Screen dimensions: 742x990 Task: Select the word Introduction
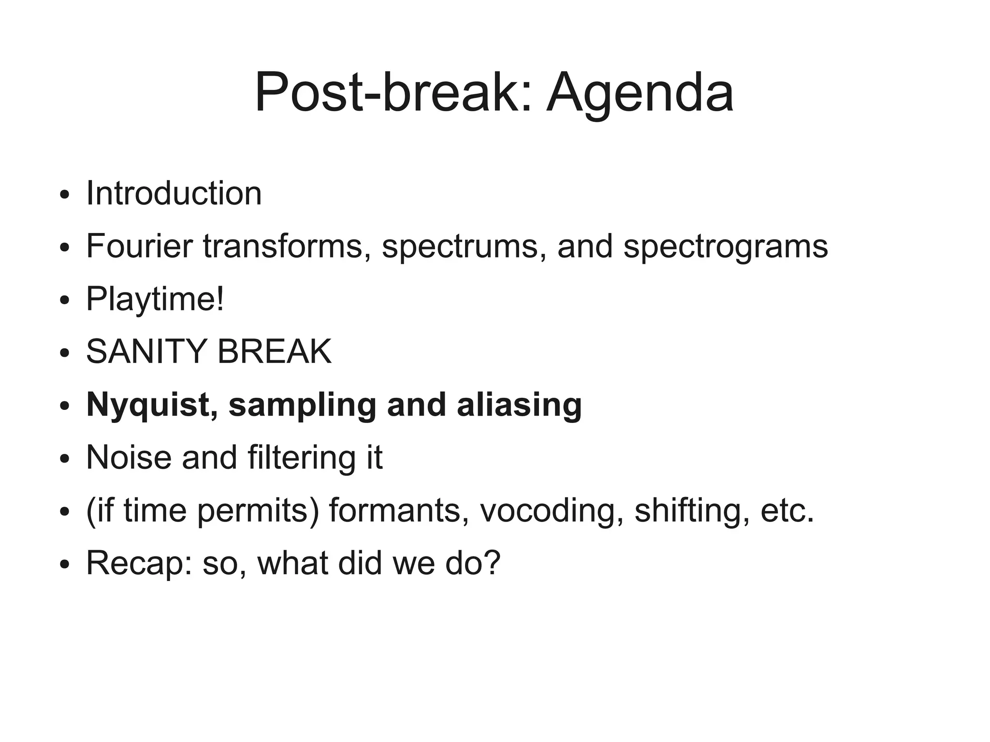tap(174, 193)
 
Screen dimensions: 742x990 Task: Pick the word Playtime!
tap(155, 300)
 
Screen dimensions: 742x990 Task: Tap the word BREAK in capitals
tap(274, 351)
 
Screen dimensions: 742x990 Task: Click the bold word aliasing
tap(519, 406)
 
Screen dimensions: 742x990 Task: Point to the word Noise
tap(129, 457)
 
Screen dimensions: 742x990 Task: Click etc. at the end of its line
tap(787, 511)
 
